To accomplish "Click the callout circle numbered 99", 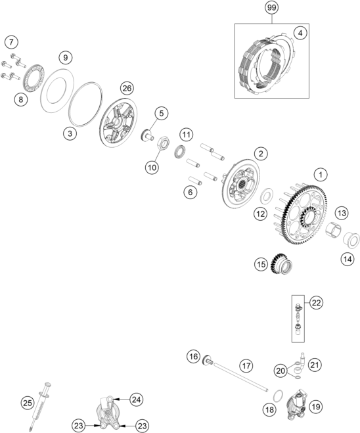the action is pyautogui.click(x=272, y=8).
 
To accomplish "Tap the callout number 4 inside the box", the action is pyautogui.click(x=300, y=33).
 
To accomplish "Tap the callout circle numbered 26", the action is pyautogui.click(x=127, y=88).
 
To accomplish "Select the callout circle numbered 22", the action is pyautogui.click(x=316, y=303).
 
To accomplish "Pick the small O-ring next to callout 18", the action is pyautogui.click(x=278, y=396).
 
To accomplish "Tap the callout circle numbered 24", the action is pyautogui.click(x=137, y=399).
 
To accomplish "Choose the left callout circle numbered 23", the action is pyautogui.click(x=78, y=426).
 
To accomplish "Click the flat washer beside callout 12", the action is pyautogui.click(x=267, y=196).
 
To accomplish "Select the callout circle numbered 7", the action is pyautogui.click(x=11, y=42).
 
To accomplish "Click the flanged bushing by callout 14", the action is pyautogui.click(x=351, y=240).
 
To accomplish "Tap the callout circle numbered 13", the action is pyautogui.click(x=342, y=213).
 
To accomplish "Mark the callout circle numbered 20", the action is pyautogui.click(x=281, y=371).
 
